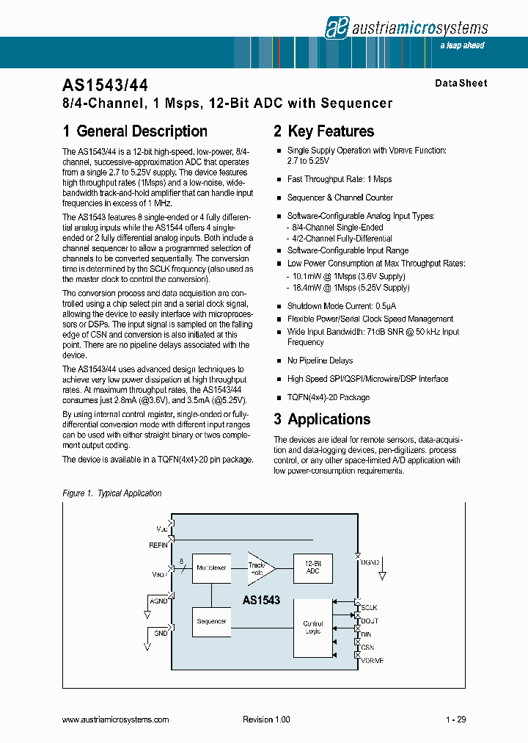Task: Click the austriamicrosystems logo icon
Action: pos(336,27)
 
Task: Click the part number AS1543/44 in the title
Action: pos(106,85)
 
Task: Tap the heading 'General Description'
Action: pos(142,131)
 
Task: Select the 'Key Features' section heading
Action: pos(331,131)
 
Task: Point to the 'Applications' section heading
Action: pos(329,419)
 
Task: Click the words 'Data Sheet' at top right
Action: pos(461,84)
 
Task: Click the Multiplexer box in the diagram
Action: pos(212,568)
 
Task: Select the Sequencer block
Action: pos(212,622)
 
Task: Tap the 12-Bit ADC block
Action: pos(312,567)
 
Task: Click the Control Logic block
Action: pos(312,628)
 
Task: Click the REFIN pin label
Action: pos(158,546)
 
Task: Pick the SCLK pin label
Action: pos(369,608)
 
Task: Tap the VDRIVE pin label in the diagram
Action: pos(373,661)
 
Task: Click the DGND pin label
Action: pos(370,562)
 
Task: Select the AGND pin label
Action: pos(158,601)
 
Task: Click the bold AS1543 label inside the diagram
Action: pos(261,600)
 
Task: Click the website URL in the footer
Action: pos(116,720)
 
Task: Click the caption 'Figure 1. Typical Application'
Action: pos(111,493)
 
